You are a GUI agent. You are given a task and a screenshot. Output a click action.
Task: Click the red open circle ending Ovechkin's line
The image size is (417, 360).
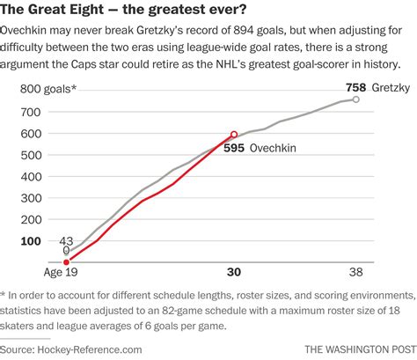pos(233,135)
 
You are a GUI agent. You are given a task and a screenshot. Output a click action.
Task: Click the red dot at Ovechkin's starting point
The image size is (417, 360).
pos(67,261)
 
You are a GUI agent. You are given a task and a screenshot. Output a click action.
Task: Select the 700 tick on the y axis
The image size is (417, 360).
pos(31,112)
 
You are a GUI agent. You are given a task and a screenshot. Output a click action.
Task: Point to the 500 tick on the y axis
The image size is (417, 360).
pos(31,154)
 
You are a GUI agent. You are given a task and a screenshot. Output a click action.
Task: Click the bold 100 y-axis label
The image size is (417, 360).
pos(31,240)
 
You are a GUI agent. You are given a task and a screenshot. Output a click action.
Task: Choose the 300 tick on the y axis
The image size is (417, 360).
pos(31,197)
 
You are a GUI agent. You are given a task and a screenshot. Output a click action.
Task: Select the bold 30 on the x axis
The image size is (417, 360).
pos(233,274)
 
